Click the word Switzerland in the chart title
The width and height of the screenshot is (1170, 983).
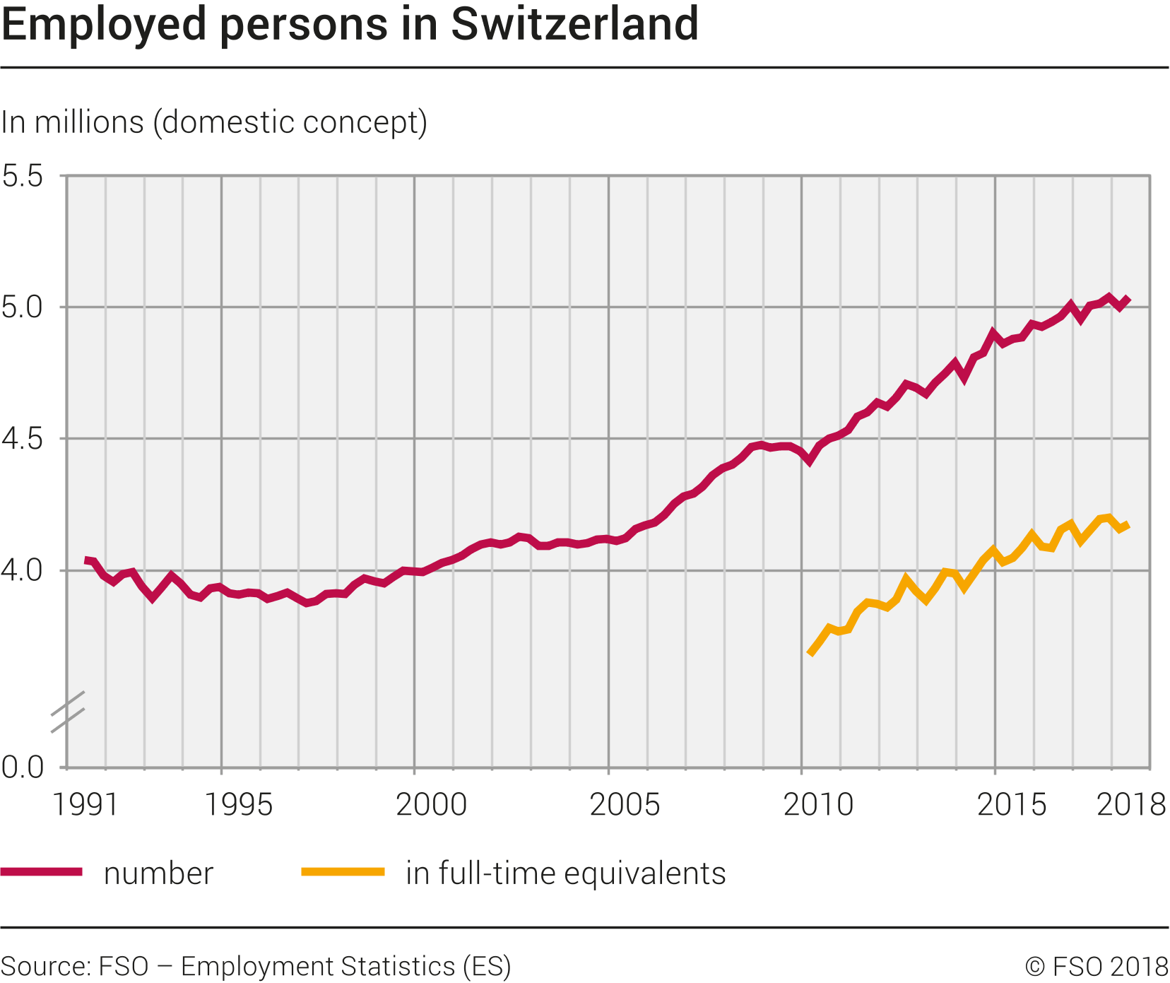pos(574,24)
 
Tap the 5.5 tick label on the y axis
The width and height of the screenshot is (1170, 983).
pos(23,176)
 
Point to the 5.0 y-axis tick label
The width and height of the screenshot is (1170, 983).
pos(23,307)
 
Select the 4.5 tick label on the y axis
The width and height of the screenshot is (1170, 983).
pos(23,439)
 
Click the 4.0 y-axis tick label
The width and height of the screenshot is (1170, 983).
pos(23,570)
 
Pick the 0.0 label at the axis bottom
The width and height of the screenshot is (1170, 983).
pos(23,767)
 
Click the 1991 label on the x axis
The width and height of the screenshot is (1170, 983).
pos(86,805)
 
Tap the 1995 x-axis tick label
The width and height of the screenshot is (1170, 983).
pos(238,805)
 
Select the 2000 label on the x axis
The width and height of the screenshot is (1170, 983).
pos(431,805)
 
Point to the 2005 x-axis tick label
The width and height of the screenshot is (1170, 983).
pos(625,805)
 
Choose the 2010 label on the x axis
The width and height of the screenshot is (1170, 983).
pos(818,805)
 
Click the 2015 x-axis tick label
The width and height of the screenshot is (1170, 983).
pos(1012,805)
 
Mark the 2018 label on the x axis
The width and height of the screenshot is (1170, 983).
pos(1130,805)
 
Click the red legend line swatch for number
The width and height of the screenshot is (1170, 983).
pos(42,872)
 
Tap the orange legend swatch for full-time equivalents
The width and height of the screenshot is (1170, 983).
pos(343,872)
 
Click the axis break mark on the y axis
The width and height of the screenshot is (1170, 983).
pos(68,711)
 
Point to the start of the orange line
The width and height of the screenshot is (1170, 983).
pos(810,654)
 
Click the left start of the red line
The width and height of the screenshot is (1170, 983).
pos(86,560)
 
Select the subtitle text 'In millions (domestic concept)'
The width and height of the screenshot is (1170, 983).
pos(214,122)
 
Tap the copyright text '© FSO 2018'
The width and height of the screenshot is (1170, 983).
pos(1097,966)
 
